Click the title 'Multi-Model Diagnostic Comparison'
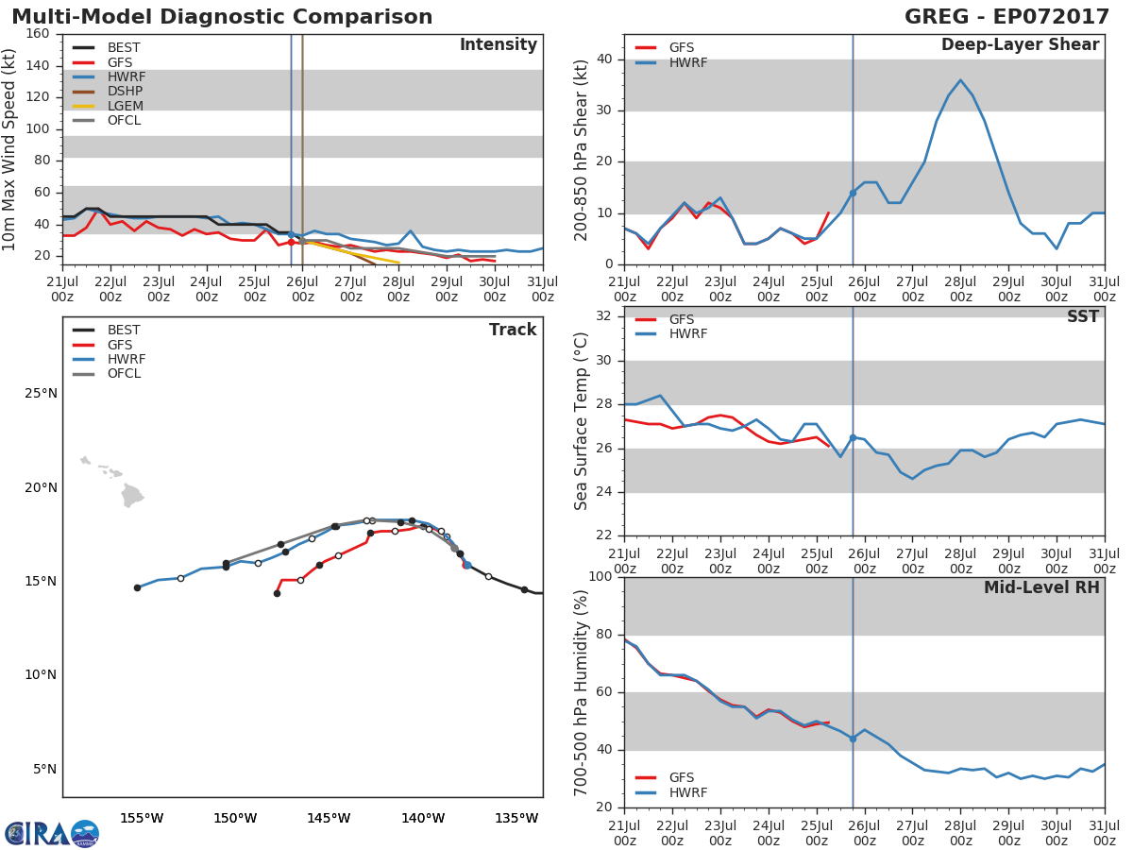[x=222, y=17]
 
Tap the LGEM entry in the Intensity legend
[x=124, y=106]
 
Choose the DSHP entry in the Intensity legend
[x=125, y=92]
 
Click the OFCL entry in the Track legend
[x=124, y=374]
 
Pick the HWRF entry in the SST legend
[x=687, y=334]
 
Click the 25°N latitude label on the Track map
[x=40, y=394]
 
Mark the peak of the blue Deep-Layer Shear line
[x=960, y=80]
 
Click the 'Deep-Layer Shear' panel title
[x=1020, y=45]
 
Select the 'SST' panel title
[x=1082, y=317]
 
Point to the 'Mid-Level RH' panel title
[x=1041, y=588]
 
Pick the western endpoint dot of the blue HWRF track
[x=137, y=587]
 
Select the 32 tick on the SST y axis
[x=605, y=316]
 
